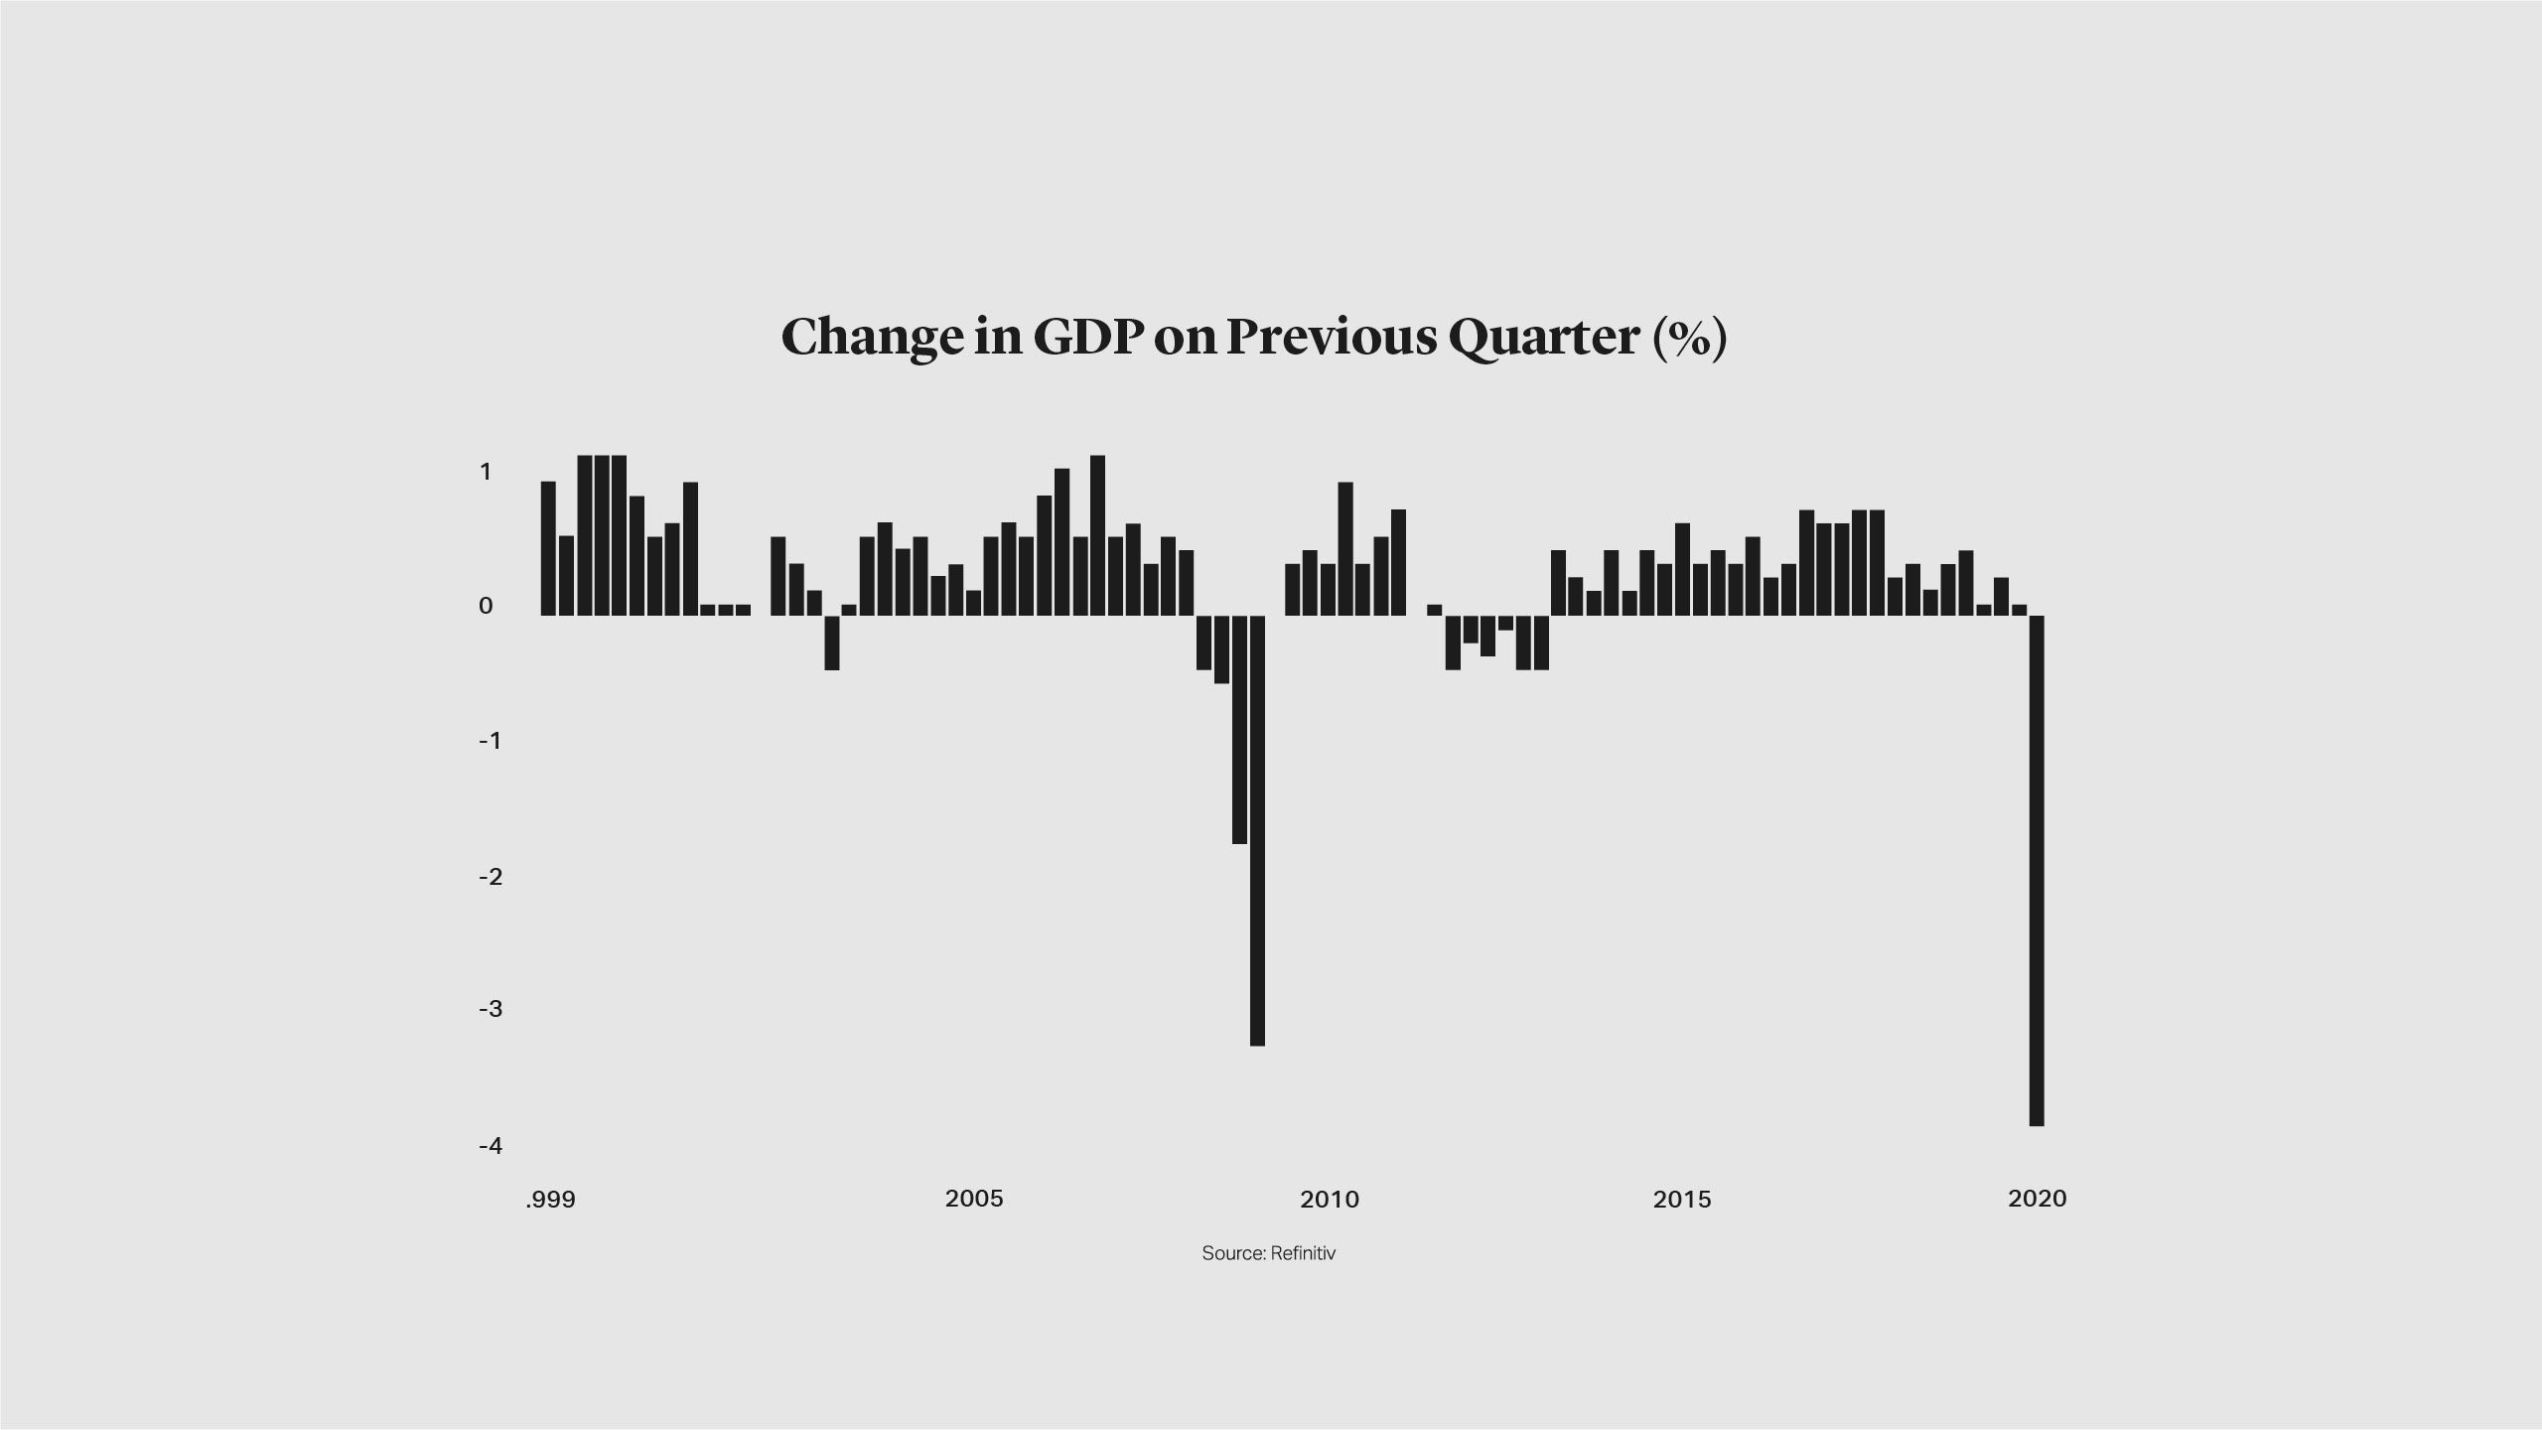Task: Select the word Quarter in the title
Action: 1543,338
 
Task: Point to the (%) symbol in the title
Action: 1690,338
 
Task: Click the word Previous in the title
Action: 1332,338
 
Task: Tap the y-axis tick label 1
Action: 486,472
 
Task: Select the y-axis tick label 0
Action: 486,606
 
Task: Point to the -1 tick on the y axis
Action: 490,741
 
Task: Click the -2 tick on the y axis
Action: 490,877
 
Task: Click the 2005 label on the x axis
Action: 974,1199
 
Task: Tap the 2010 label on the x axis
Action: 1330,1200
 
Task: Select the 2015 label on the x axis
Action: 1682,1200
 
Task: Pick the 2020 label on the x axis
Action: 2037,1199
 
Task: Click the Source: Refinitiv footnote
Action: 1268,1253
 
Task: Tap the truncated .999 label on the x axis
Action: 550,1200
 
